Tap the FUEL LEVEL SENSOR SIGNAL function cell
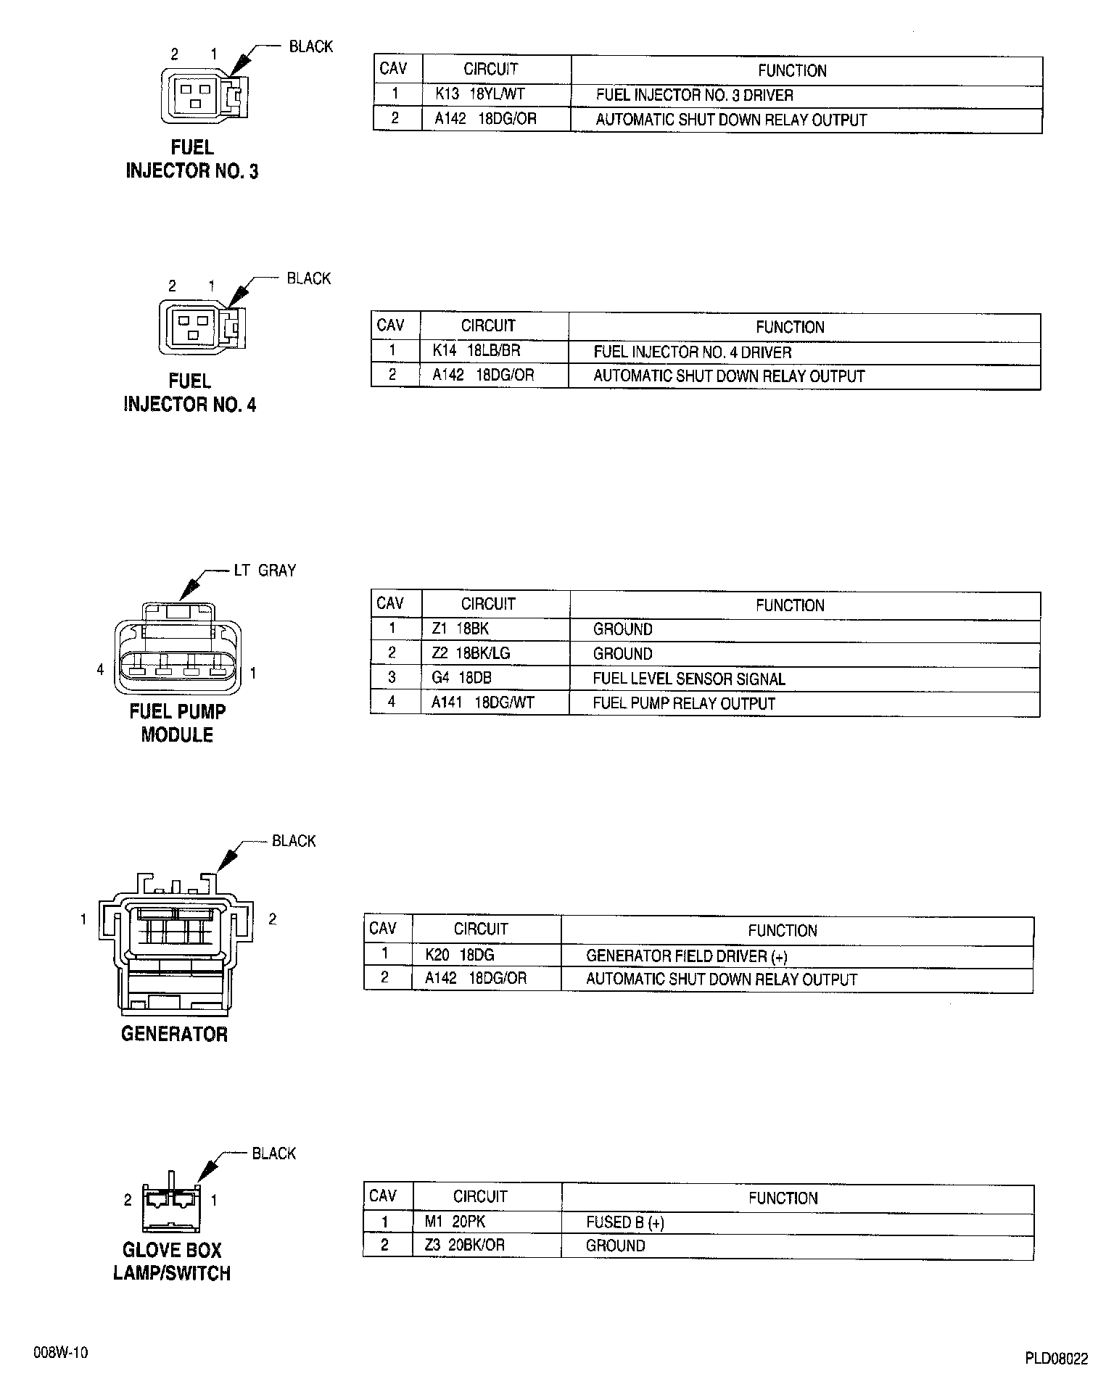(x=688, y=679)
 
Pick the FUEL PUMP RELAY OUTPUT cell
(x=684, y=703)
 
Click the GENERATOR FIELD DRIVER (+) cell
(x=686, y=956)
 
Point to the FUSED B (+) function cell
(x=624, y=1222)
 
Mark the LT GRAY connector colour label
(x=265, y=571)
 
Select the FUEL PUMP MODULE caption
(x=178, y=723)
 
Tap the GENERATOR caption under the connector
(x=174, y=1034)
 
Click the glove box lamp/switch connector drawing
(x=172, y=1203)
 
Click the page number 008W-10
(x=60, y=1353)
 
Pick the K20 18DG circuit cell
(x=460, y=956)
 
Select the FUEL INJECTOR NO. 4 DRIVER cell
(x=692, y=352)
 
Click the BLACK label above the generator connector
(x=294, y=841)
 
